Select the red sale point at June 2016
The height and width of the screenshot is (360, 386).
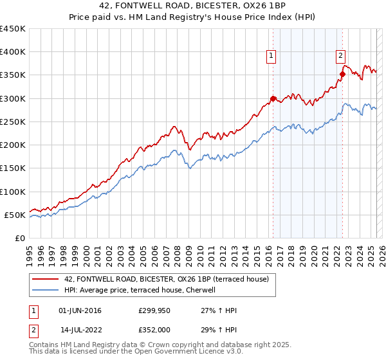273,98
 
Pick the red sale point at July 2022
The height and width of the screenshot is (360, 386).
342,74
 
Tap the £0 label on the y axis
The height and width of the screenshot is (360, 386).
19,238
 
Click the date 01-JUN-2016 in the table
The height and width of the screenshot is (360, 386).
80,310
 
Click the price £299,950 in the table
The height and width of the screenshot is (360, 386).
155,310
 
